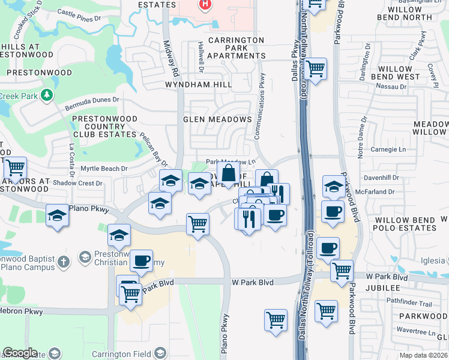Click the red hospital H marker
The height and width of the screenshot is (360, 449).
click(205, 5)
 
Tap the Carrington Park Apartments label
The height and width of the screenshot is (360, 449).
click(236, 48)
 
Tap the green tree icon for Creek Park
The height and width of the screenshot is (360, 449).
click(46, 95)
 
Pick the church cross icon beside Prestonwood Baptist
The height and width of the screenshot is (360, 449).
click(64, 261)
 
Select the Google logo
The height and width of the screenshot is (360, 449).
click(20, 353)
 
